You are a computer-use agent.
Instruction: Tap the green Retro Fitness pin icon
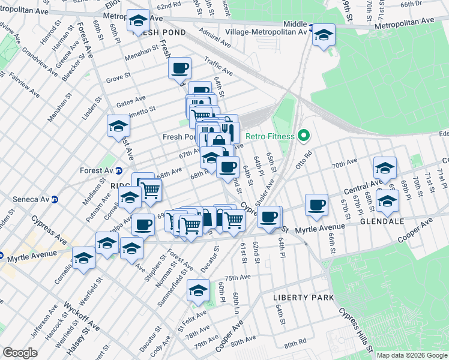304,136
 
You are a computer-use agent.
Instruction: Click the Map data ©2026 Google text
411,355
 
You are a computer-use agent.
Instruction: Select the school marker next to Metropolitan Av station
323,35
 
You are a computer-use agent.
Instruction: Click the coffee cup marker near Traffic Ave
181,69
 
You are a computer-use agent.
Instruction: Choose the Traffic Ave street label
218,62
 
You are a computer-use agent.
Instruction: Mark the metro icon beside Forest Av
119,170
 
